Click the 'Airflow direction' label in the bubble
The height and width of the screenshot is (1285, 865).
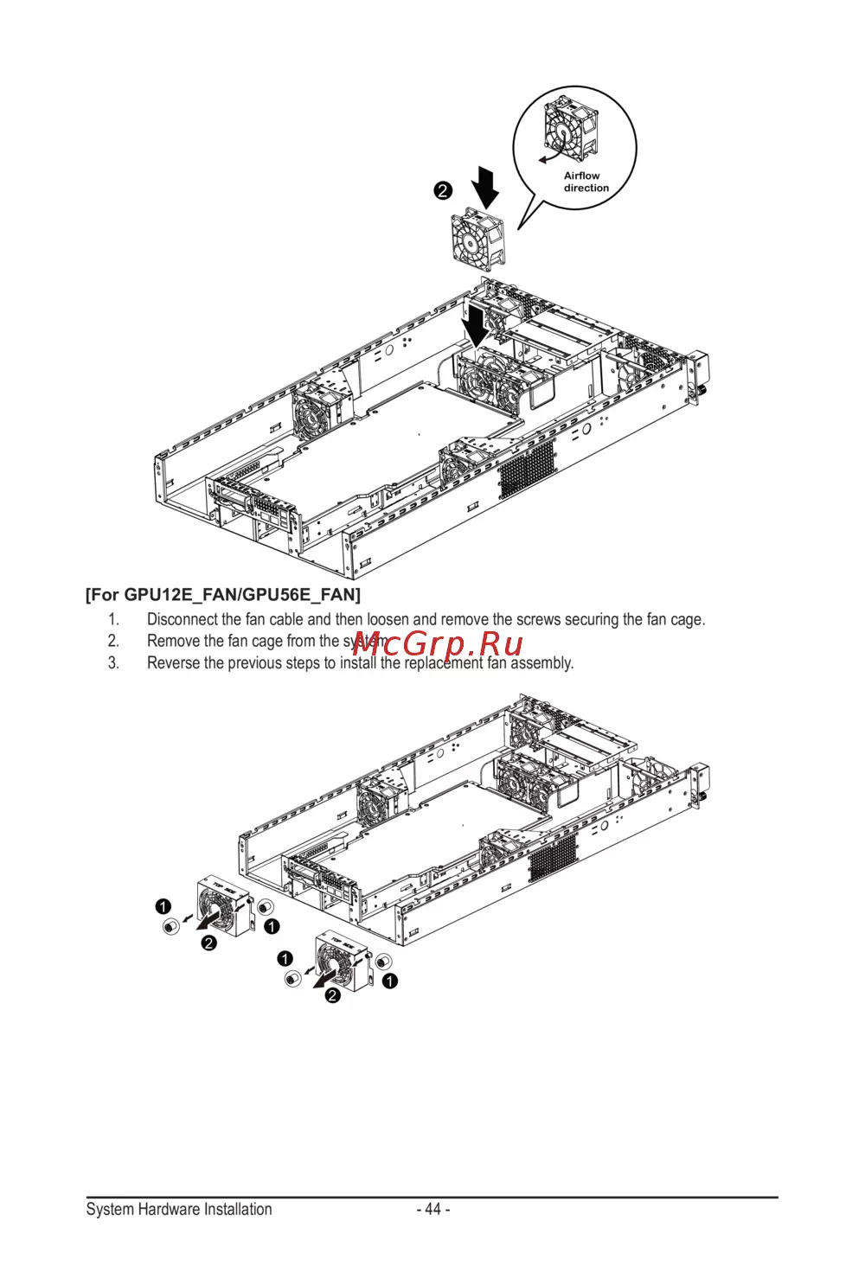pyautogui.click(x=586, y=182)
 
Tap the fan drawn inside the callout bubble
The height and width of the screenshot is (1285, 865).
pyautogui.click(x=570, y=128)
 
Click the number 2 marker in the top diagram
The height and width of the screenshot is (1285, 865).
pyautogui.click(x=443, y=190)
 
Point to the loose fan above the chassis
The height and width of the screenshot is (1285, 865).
pyautogui.click(x=477, y=240)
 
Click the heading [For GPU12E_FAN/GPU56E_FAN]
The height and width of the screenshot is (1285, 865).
pyautogui.click(x=223, y=594)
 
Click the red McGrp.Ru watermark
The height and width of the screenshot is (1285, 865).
pyautogui.click(x=437, y=643)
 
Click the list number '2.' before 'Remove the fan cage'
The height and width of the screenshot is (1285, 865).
pyautogui.click(x=113, y=642)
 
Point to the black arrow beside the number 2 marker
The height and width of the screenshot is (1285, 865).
pyautogui.click(x=485, y=187)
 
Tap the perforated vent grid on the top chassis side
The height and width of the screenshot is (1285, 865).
pyautogui.click(x=527, y=469)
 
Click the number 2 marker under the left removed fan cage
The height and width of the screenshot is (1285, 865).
pyautogui.click(x=209, y=943)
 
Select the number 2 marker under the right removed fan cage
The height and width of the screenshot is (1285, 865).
pyautogui.click(x=333, y=995)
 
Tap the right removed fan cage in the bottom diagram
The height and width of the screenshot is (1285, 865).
pyautogui.click(x=343, y=961)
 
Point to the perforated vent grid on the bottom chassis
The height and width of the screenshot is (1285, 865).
pyautogui.click(x=552, y=859)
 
